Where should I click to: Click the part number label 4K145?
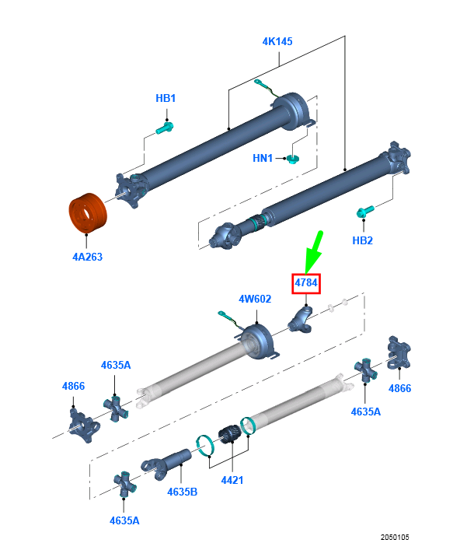click(277, 41)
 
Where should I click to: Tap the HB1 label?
click(166, 98)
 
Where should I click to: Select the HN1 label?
click(263, 158)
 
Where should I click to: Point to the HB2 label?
click(362, 240)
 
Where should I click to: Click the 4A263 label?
click(87, 257)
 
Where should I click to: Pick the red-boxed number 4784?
click(306, 283)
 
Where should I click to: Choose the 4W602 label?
click(255, 299)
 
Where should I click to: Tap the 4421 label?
click(232, 480)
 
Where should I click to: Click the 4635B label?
click(182, 492)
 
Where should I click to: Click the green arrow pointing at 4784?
click(314, 253)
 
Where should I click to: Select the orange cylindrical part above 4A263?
click(88, 212)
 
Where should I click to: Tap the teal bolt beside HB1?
click(165, 128)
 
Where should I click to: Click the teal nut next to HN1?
click(293, 159)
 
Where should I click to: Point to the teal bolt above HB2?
click(365, 212)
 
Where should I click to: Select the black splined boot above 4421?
click(229, 434)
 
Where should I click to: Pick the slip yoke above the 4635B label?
click(166, 464)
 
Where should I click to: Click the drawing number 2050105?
click(395, 537)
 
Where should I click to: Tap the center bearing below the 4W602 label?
click(258, 341)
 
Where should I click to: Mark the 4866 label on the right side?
click(399, 388)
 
